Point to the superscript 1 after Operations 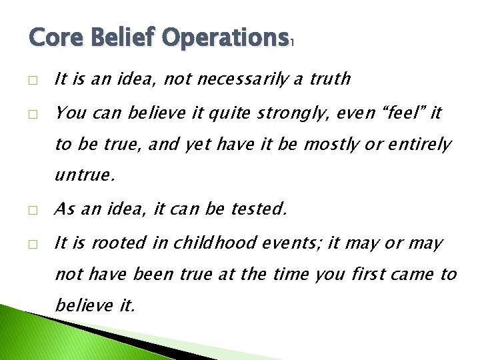click(x=291, y=42)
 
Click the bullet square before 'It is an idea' click(x=33, y=79)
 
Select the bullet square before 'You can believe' click(x=33, y=113)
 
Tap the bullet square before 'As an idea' click(x=33, y=210)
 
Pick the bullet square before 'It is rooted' click(x=33, y=244)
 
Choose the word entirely click(x=418, y=144)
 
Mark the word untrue click(x=85, y=176)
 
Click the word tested click(x=259, y=209)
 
